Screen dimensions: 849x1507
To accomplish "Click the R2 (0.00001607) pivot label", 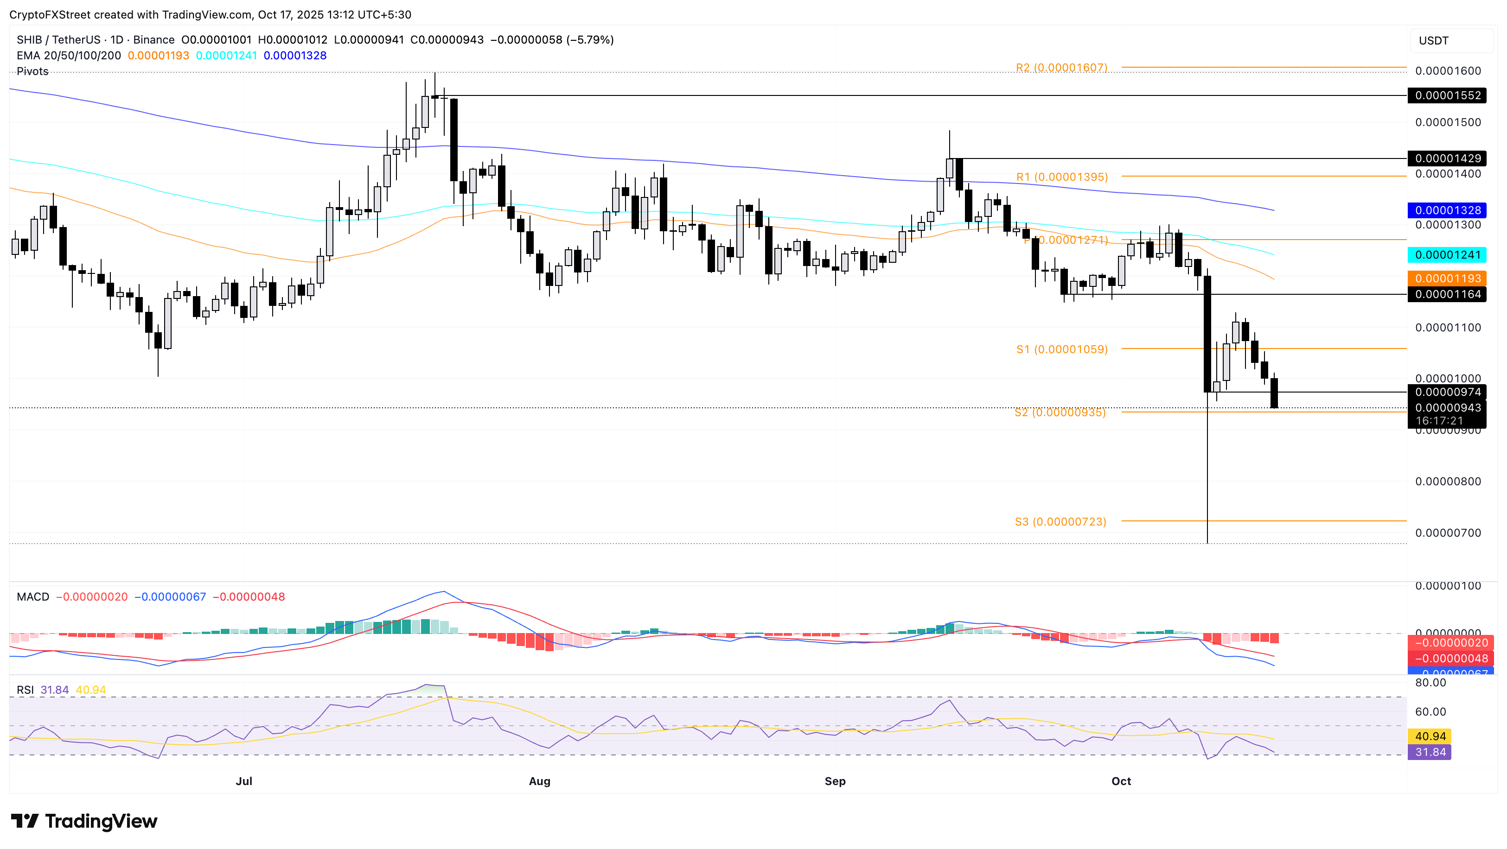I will click(x=1061, y=68).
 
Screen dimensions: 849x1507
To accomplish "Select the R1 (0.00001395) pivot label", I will click(x=1062, y=177).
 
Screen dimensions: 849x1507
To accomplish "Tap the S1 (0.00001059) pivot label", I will click(x=1062, y=350).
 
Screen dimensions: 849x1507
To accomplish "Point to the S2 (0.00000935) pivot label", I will click(x=1060, y=413).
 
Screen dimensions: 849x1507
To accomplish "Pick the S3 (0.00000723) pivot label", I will click(x=1060, y=521).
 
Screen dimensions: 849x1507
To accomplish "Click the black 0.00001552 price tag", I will click(x=1447, y=95).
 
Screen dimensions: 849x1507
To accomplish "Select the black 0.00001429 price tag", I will click(x=1447, y=158).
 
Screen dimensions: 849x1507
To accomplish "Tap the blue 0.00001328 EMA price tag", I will click(x=1447, y=210).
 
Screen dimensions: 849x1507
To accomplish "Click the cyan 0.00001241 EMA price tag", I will click(x=1447, y=255).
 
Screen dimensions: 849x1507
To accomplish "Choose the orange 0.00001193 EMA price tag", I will click(x=1447, y=279).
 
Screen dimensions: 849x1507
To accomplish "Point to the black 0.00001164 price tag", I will click(x=1447, y=295).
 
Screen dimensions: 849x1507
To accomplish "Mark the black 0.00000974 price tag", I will click(x=1447, y=393).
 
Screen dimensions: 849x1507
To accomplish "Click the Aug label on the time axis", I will click(x=539, y=781).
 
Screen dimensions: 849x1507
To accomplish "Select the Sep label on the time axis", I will click(x=835, y=781).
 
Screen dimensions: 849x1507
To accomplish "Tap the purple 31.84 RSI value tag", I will click(x=1430, y=753).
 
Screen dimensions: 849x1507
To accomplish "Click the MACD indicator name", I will click(x=33, y=597).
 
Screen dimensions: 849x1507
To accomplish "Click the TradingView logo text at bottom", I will click(x=101, y=822).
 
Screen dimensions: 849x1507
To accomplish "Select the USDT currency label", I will click(x=1433, y=41).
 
